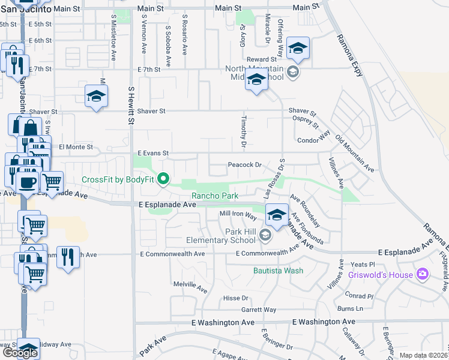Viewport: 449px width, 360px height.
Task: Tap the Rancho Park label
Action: pos(215,196)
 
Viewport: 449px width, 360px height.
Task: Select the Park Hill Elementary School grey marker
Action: pos(265,236)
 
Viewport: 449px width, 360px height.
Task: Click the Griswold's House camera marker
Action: pos(422,275)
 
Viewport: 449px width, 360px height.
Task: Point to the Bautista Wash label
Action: pos(277,271)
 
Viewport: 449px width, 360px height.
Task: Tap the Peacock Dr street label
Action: pos(245,165)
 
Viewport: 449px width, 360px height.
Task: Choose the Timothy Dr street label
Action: pos(244,132)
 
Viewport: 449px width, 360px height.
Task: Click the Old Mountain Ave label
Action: pos(355,154)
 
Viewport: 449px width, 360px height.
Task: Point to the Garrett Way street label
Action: pos(259,310)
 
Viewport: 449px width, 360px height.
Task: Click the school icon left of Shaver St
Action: pos(95,96)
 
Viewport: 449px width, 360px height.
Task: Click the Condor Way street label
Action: pos(314,140)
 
